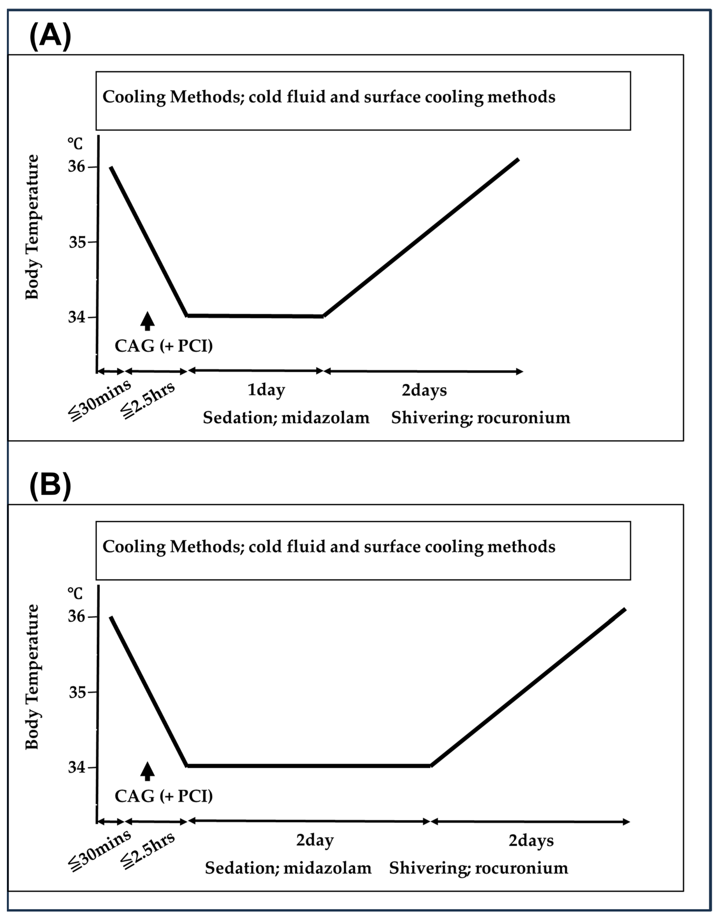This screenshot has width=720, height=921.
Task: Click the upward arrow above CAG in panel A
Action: [147, 321]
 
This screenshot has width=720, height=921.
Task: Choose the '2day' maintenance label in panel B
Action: [315, 841]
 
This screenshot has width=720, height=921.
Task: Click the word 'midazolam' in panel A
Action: [325, 418]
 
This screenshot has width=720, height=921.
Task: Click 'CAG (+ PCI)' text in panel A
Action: [164, 346]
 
